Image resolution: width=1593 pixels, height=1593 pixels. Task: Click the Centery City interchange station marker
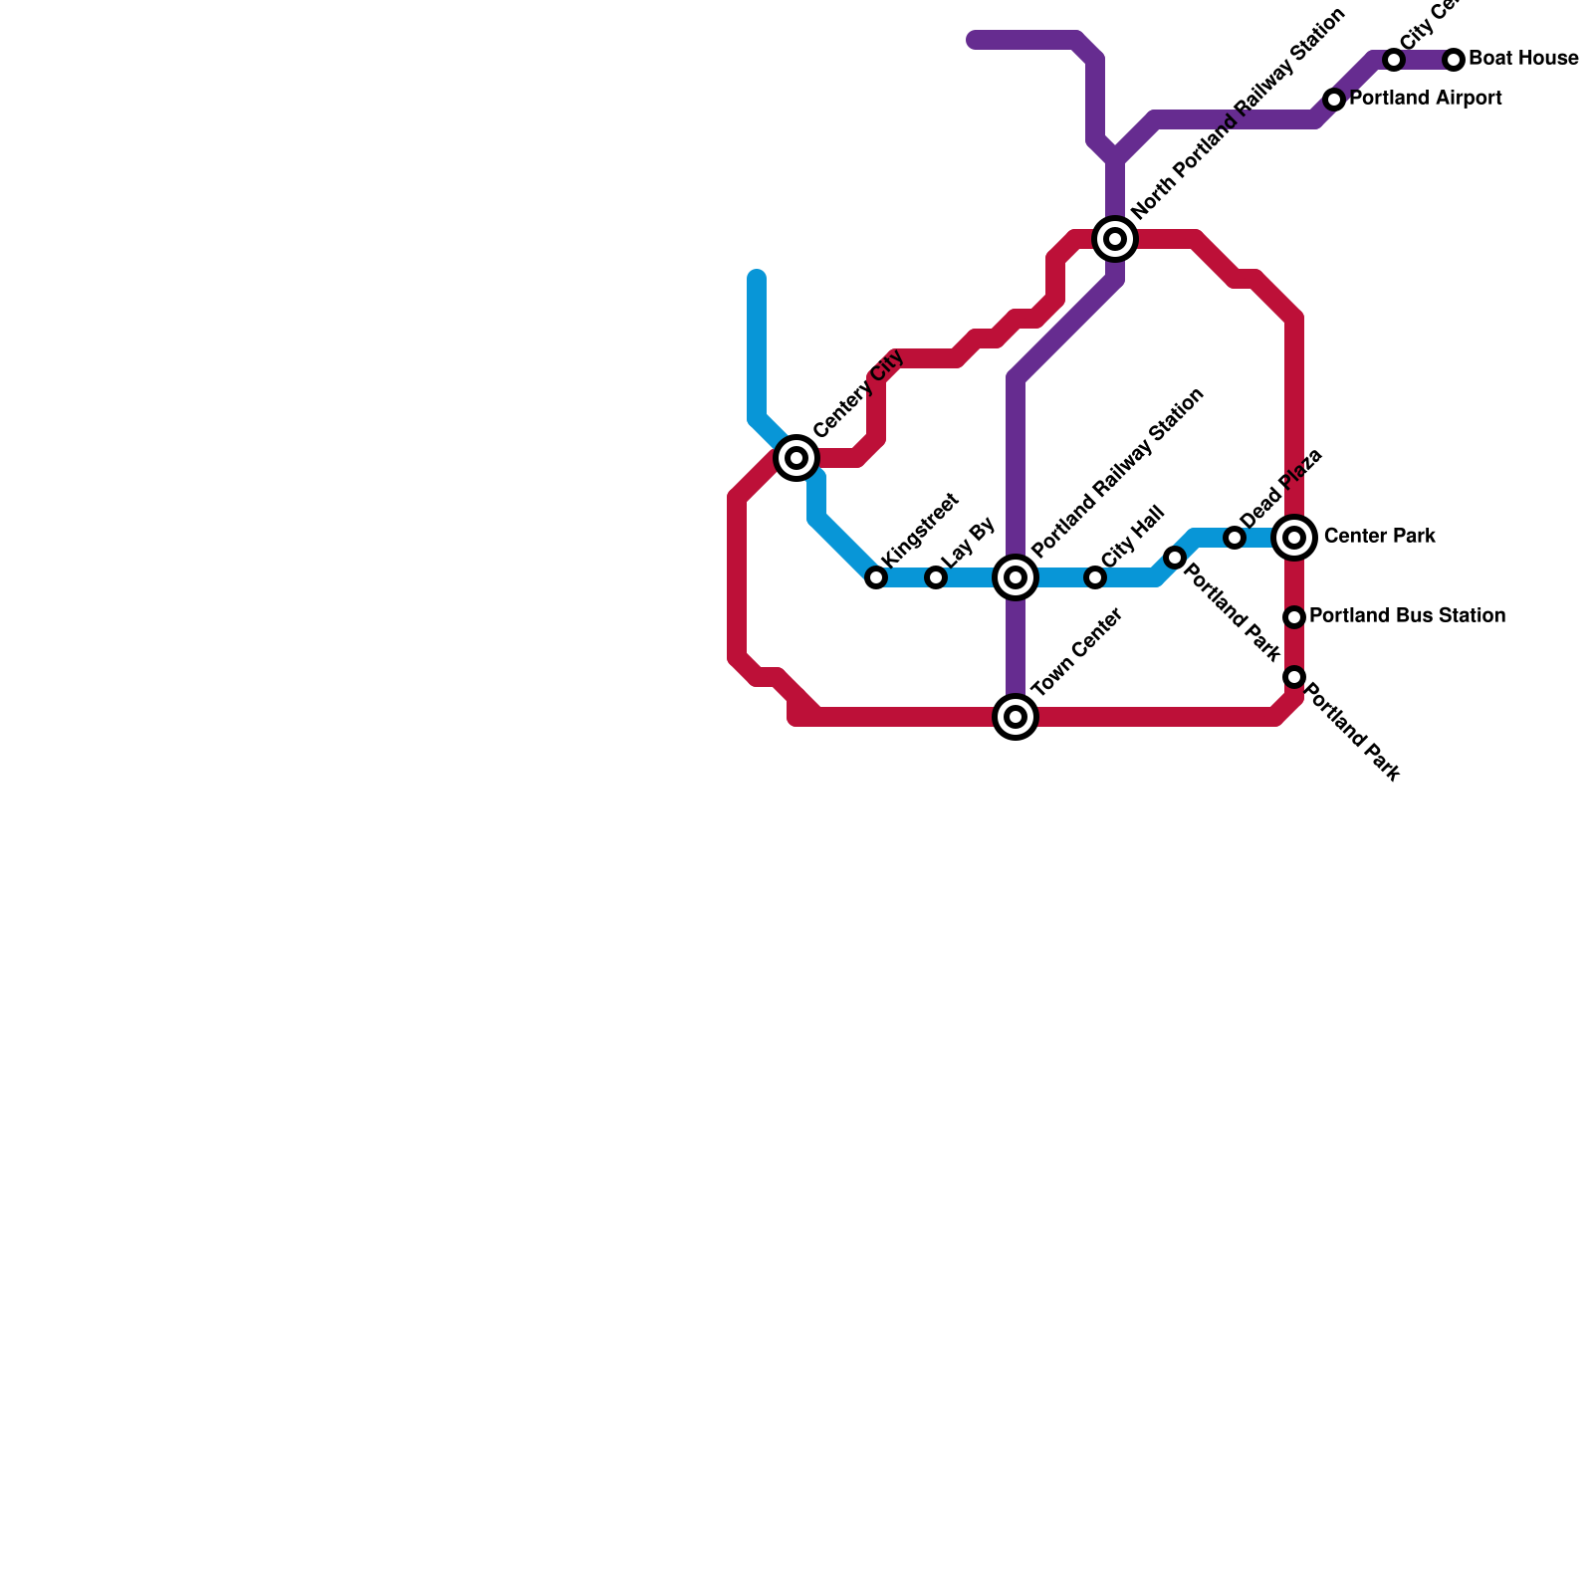click(x=796, y=458)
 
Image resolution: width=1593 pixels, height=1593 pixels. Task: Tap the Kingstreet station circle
click(x=876, y=577)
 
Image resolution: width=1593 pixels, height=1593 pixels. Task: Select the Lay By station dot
click(x=936, y=577)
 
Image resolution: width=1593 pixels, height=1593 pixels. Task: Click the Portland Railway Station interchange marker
click(x=1016, y=577)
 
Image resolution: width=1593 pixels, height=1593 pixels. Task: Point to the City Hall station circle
click(x=1095, y=577)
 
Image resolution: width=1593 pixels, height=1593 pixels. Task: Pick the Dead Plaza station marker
click(x=1235, y=538)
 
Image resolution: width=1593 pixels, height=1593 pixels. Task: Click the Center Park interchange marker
click(x=1294, y=538)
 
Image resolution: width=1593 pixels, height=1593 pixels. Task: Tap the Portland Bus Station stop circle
click(x=1294, y=617)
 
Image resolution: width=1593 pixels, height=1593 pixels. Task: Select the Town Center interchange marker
click(x=1016, y=717)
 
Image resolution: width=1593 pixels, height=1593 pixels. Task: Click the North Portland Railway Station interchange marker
click(x=1115, y=239)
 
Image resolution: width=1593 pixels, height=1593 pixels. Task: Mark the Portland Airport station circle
click(x=1334, y=100)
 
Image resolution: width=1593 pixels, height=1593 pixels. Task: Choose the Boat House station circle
click(x=1454, y=60)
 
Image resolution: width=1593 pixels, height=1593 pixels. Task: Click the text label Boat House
click(x=1523, y=59)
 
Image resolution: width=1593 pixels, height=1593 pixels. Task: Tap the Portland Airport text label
click(x=1426, y=99)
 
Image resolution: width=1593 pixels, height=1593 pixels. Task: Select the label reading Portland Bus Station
click(x=1407, y=616)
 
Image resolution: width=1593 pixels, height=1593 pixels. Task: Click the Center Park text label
click(x=1380, y=537)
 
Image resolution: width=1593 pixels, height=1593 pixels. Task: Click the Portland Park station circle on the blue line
click(x=1175, y=558)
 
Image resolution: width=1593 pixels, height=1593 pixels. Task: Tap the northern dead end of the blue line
click(x=757, y=278)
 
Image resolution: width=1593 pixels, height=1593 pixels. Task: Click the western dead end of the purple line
click(x=975, y=40)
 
